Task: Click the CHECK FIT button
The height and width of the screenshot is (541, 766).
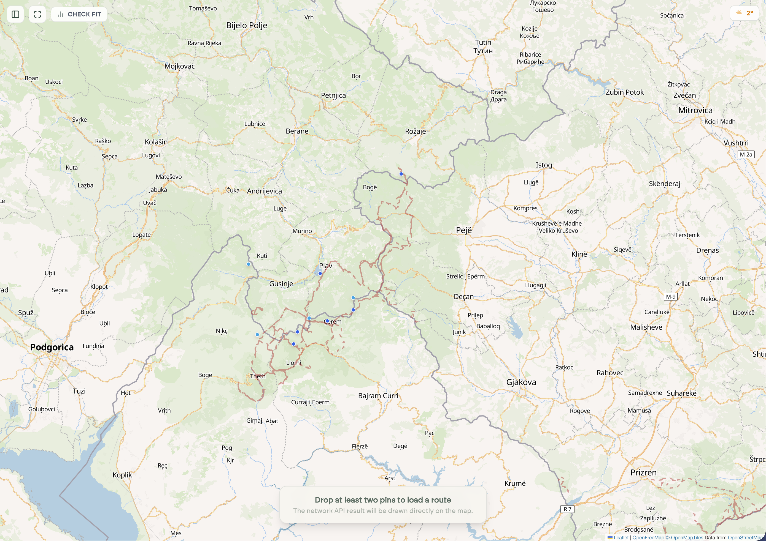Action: coord(79,14)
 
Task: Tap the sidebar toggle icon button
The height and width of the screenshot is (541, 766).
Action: coord(15,14)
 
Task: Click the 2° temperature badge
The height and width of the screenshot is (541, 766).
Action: coord(745,13)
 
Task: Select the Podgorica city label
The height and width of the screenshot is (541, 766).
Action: coord(52,347)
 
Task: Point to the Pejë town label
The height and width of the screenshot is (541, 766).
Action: coord(464,230)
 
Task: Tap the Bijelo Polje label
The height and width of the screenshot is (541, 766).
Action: coord(247,25)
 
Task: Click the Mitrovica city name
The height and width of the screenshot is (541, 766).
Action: coord(695,110)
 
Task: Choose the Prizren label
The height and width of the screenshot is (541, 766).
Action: coord(643,472)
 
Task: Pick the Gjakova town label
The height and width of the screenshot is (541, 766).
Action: coord(521,382)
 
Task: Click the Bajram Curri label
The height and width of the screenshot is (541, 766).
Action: coord(378,396)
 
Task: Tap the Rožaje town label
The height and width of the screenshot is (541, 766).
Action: coord(415,131)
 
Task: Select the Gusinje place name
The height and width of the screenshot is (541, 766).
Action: coord(281,284)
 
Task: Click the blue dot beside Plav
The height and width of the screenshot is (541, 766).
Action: coord(320,274)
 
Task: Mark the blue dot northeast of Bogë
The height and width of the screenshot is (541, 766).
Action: coord(401,174)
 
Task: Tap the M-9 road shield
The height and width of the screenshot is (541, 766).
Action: coord(671,296)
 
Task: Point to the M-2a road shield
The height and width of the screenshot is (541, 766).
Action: coord(746,155)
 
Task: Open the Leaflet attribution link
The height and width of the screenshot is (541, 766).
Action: coord(621,538)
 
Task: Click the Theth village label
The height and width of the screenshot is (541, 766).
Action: coord(258,376)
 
